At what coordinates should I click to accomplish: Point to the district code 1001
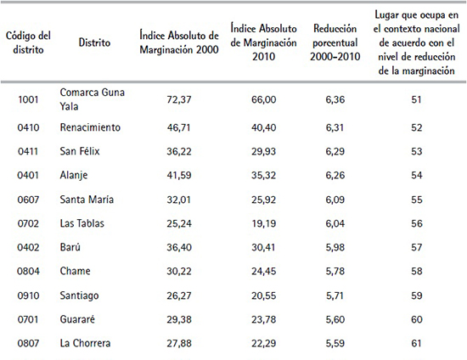27,99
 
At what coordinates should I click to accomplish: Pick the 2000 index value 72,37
178,99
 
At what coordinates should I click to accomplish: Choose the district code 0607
27,200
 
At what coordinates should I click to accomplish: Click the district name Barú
71,248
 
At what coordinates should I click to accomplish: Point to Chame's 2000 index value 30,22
178,272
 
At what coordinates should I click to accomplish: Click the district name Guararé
79,320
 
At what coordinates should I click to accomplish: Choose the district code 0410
27,127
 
